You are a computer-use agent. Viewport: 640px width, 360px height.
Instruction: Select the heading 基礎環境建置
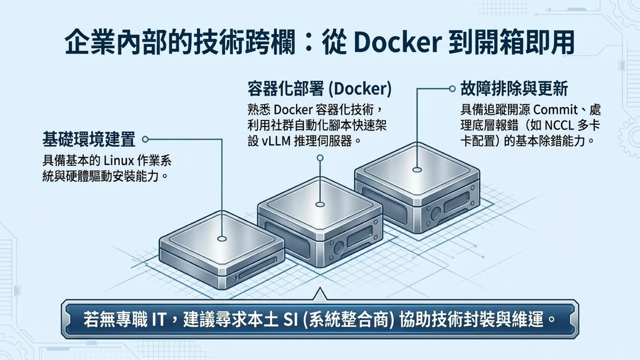tap(89, 139)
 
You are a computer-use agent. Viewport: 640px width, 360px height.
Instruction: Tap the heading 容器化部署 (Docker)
tap(320, 89)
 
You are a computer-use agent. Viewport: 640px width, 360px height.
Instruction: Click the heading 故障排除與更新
tap(514, 89)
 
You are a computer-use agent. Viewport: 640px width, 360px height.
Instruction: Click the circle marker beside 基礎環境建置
tap(145, 139)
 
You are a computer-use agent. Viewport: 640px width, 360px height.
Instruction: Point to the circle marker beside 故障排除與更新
tap(452, 89)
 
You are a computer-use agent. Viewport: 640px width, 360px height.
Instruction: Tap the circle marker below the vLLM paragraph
tap(320, 158)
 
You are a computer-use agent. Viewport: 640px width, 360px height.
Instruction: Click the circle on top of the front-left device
tap(222, 239)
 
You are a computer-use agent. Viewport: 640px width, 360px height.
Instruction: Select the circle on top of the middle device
tap(320, 204)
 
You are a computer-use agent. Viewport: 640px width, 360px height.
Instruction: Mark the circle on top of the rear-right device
tap(417, 170)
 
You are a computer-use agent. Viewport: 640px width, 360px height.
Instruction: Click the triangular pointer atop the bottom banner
tap(320, 294)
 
